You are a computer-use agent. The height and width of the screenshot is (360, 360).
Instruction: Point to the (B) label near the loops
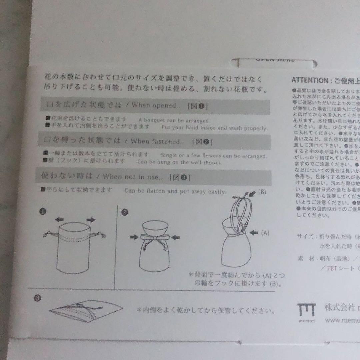click(262, 192)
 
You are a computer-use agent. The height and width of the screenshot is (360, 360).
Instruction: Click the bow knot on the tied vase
click(154, 238)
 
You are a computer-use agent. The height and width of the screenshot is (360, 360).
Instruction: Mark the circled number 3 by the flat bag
click(38, 298)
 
